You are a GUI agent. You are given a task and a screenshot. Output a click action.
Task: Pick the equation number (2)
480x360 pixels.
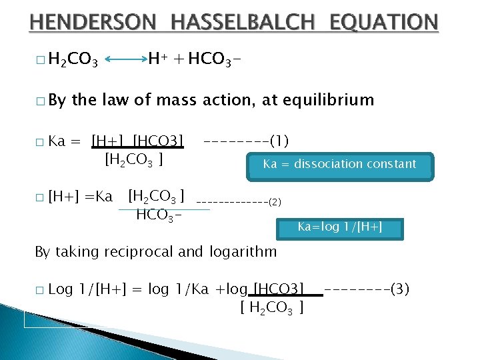coord(275,201)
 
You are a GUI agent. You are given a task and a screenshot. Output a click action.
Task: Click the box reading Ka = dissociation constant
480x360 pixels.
coord(339,164)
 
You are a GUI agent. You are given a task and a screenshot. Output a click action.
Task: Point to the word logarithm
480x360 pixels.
coord(243,252)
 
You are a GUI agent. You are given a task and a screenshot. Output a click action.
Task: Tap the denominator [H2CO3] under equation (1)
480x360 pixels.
coord(135,160)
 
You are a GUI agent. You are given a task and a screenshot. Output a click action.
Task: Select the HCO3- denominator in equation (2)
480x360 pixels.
coord(159,215)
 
